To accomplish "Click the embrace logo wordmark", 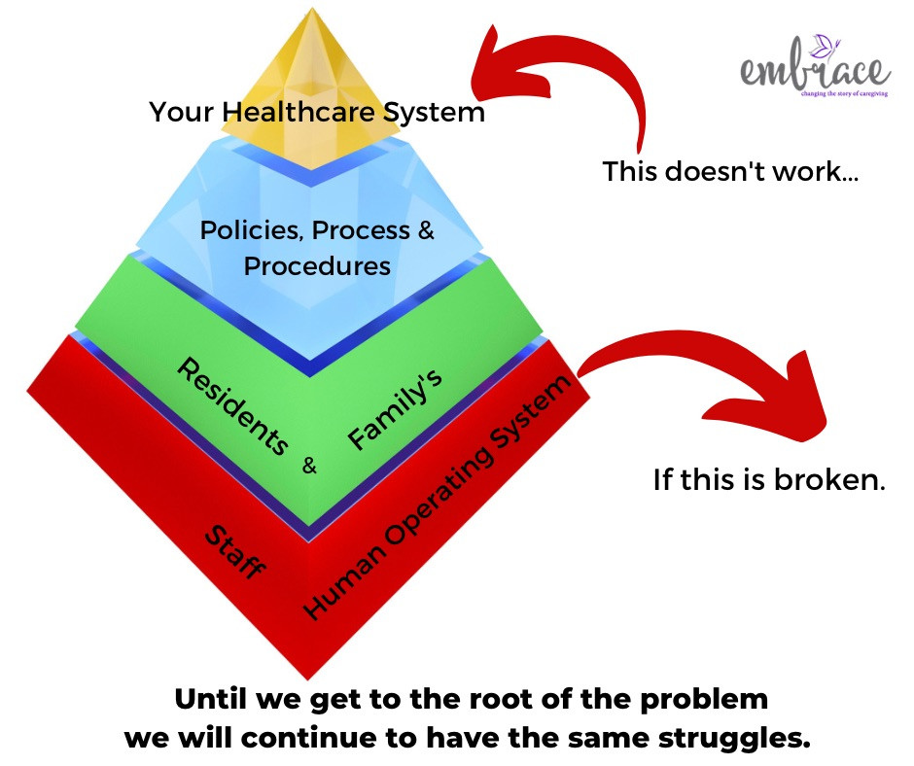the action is [x=815, y=69].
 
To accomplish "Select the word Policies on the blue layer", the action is [x=252, y=230].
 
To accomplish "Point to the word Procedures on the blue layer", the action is [x=317, y=266].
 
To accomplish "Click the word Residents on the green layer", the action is [x=233, y=405].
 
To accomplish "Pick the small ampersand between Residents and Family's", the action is [x=309, y=466].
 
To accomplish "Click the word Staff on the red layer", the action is [x=235, y=551].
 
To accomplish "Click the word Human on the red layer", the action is [x=344, y=580].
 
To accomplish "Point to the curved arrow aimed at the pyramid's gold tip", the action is [x=588, y=55].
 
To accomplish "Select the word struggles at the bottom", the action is [x=734, y=739].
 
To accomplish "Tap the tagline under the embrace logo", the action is [x=845, y=94].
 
